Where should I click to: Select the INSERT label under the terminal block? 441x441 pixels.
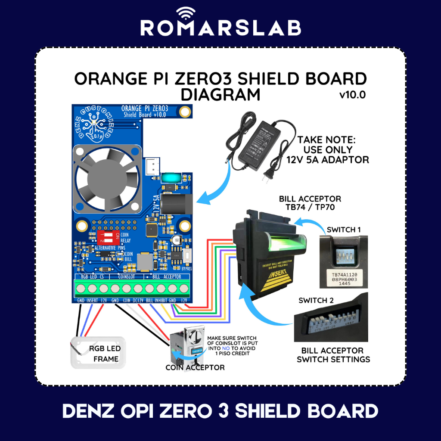click(x=92, y=300)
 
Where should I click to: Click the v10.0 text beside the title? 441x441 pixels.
click(x=352, y=95)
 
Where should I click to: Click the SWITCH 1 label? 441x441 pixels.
click(x=344, y=230)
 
